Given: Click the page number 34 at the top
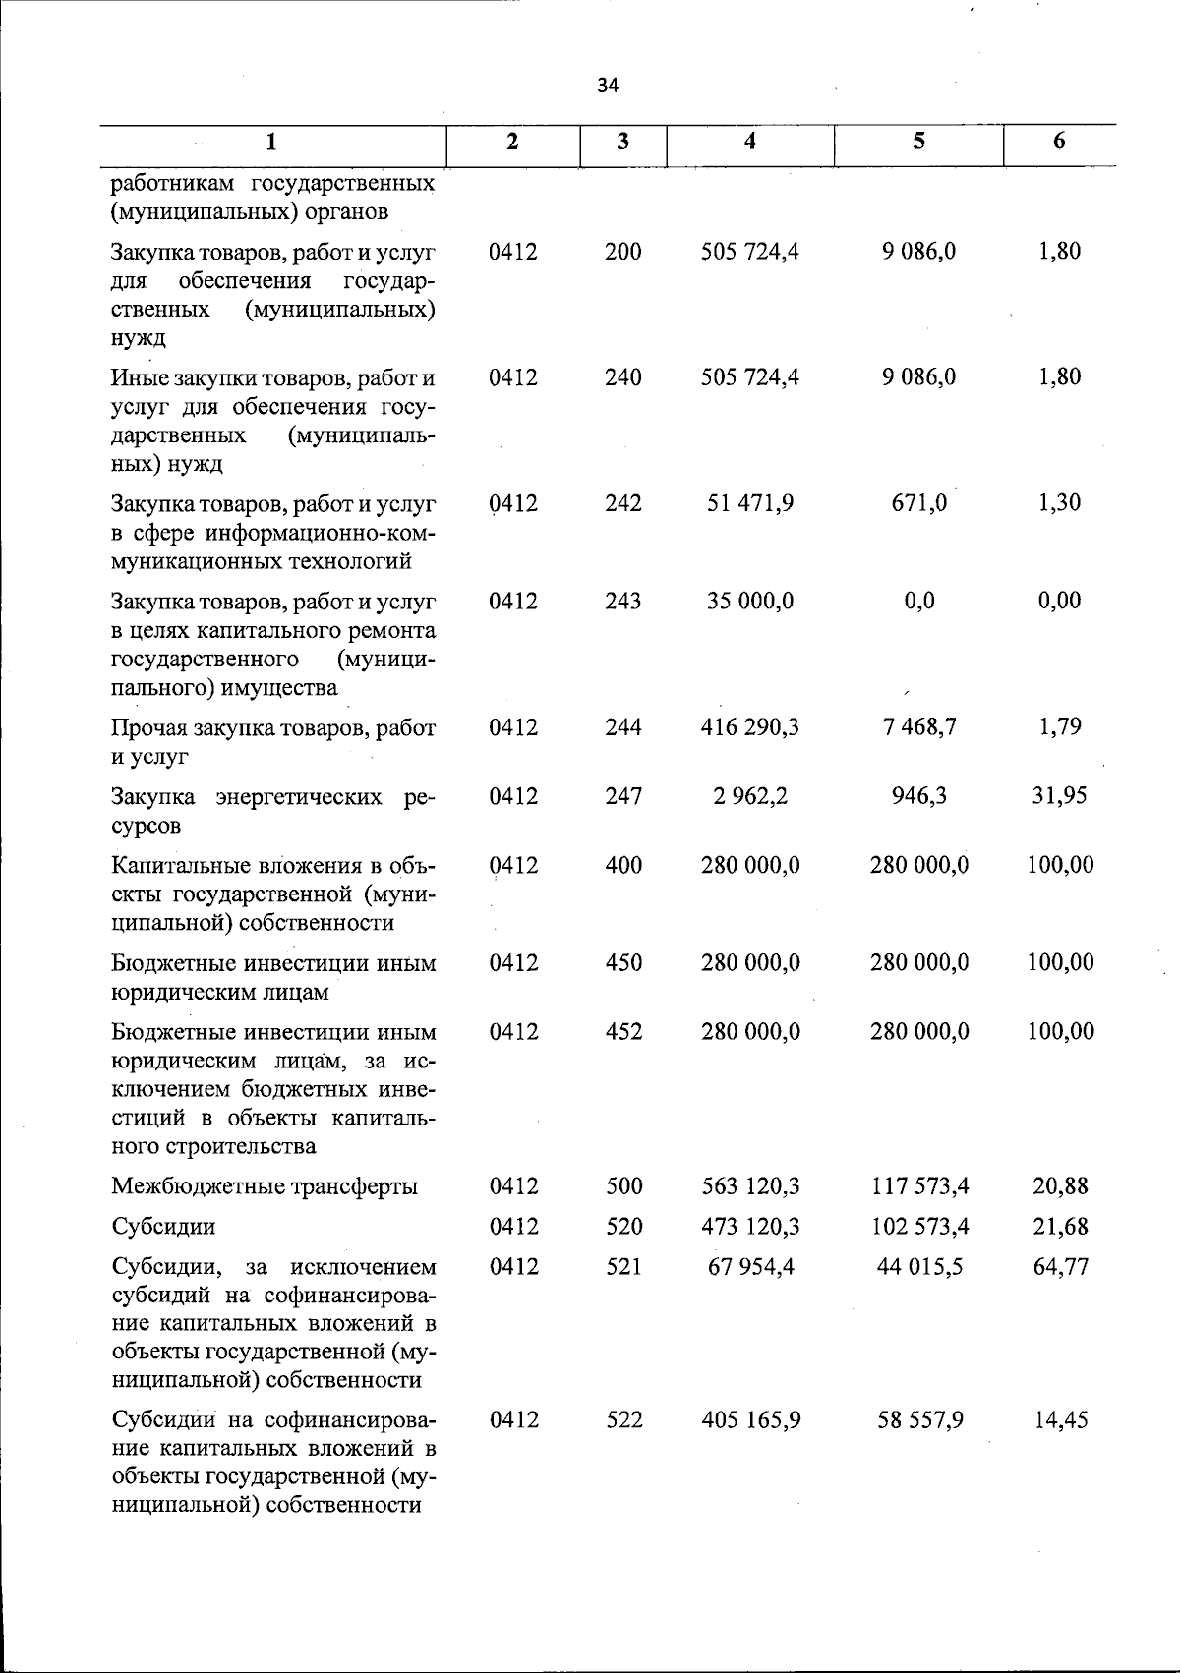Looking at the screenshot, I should (608, 87).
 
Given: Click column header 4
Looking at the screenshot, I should (750, 142).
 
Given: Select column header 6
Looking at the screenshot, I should (1059, 142).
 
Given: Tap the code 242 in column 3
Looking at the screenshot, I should (623, 503).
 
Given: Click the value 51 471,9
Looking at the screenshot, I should (750, 503).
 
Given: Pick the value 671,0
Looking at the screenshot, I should (919, 503).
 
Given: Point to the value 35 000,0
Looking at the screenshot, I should (750, 601).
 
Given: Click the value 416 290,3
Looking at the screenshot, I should (750, 727).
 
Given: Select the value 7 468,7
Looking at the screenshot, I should (919, 727).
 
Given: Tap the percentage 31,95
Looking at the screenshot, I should (1059, 796).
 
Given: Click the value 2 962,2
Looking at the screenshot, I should (750, 796).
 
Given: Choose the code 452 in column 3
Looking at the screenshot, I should (623, 1032).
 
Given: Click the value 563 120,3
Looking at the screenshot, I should (750, 1187).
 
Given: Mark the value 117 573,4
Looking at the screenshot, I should (919, 1187).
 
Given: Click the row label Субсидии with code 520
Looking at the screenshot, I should (163, 1227).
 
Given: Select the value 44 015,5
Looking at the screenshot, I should (919, 1267).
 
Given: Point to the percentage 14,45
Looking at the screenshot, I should (1060, 1421).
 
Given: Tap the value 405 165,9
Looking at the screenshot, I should (750, 1421).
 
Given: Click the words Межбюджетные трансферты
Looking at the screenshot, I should (265, 1187).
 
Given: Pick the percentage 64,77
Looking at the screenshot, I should (1060, 1267).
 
